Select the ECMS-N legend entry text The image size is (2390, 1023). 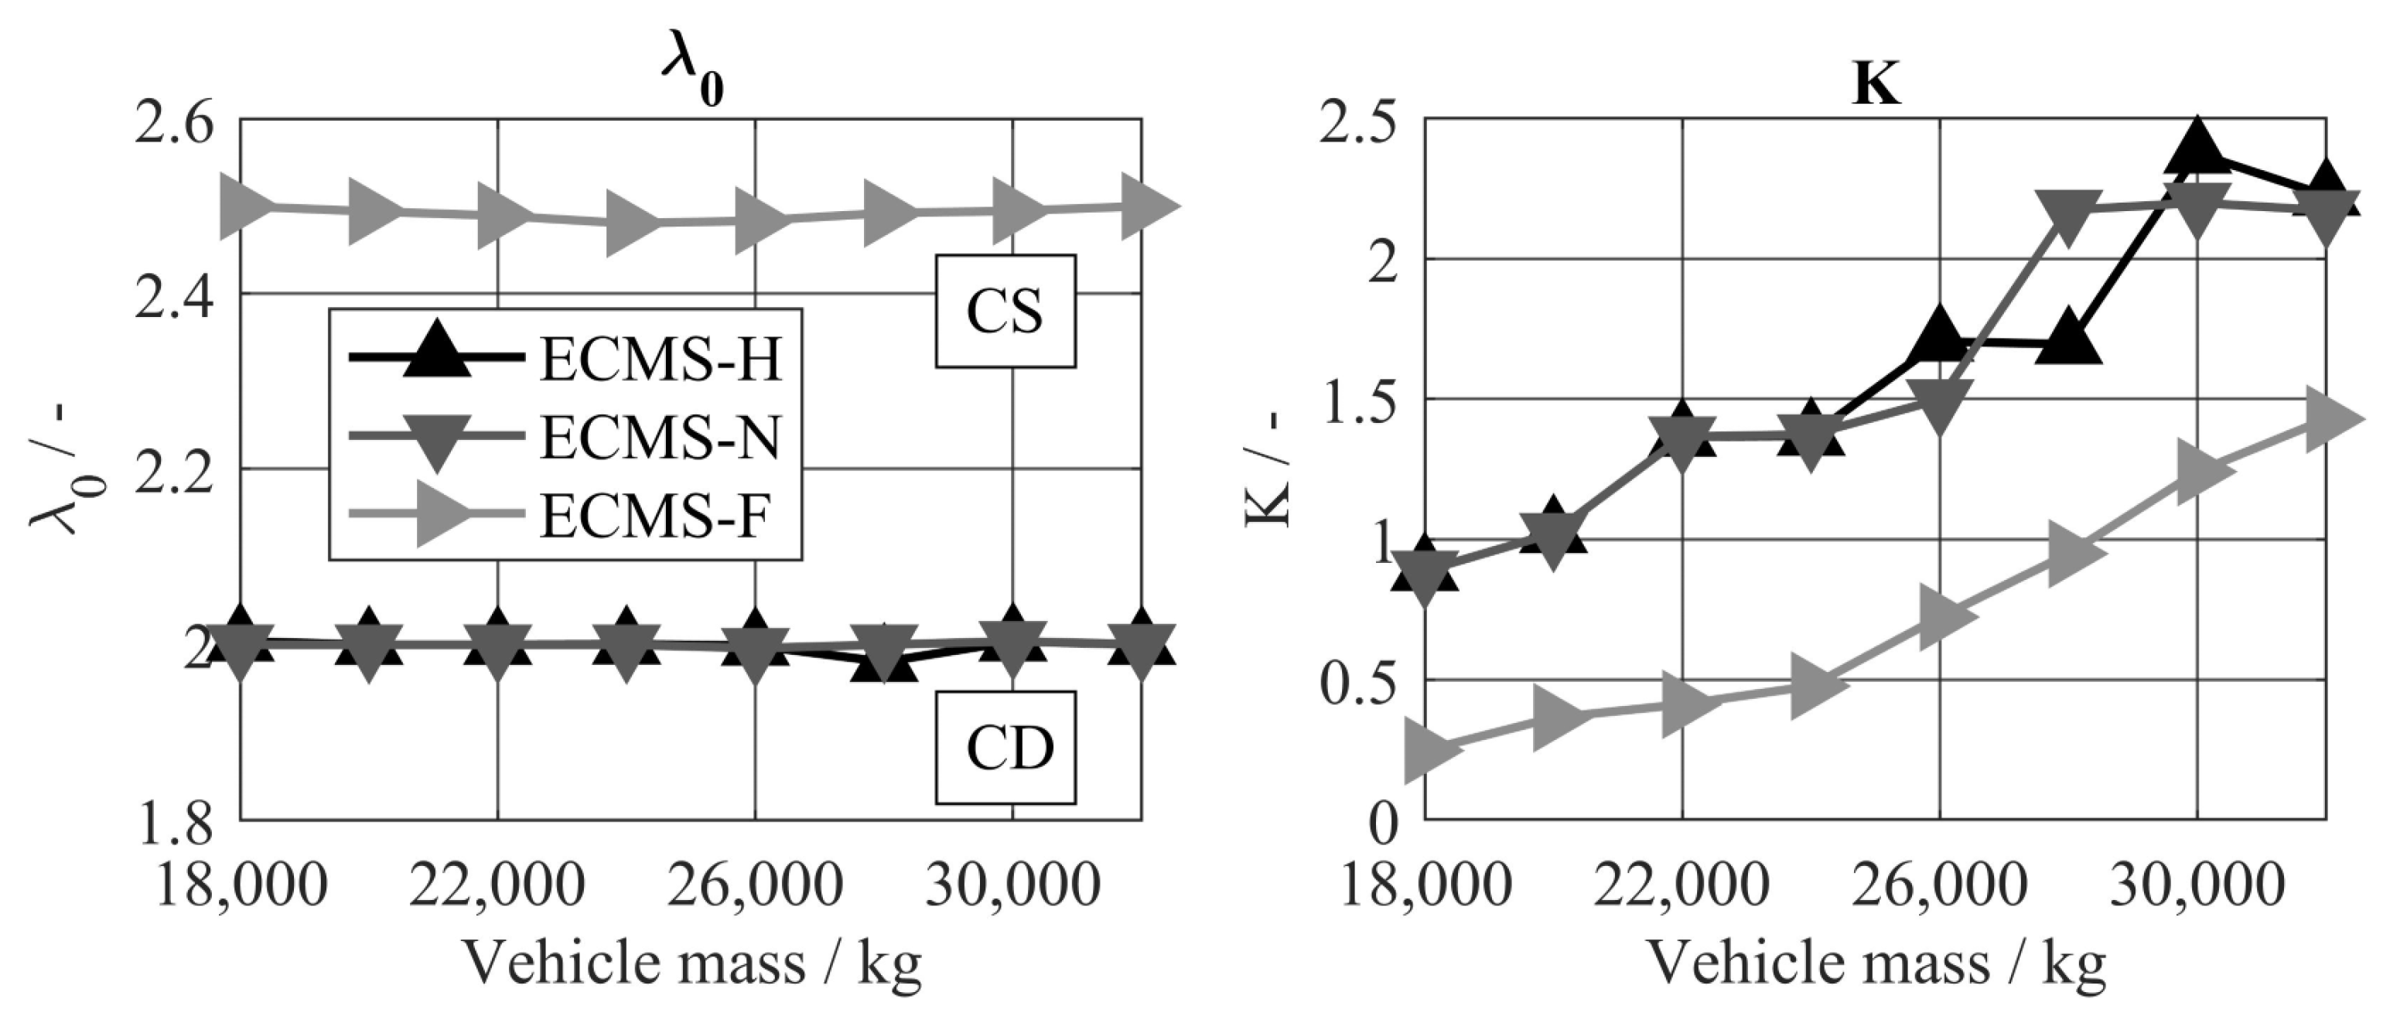[661, 438]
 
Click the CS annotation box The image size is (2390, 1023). [1005, 312]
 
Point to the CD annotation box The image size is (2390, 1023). [1005, 748]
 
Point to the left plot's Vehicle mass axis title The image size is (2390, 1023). [691, 963]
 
